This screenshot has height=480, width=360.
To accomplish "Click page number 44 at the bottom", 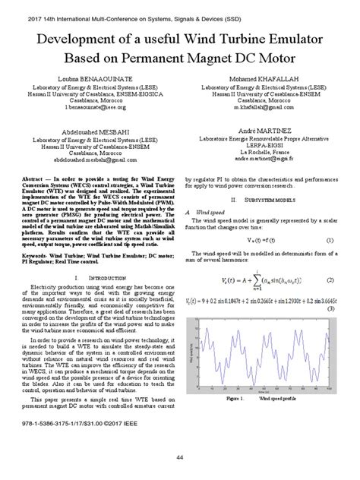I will pos(180,457).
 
